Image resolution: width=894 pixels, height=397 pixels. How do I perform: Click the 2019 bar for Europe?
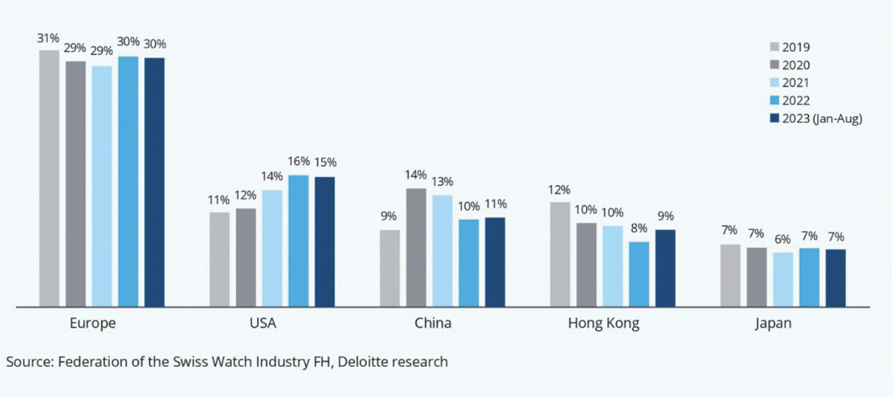click(49, 178)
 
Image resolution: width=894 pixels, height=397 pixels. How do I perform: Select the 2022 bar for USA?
click(299, 240)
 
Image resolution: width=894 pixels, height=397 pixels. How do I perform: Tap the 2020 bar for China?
click(416, 247)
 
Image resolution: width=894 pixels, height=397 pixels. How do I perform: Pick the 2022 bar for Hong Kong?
click(639, 274)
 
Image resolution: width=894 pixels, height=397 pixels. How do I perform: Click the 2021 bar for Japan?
click(782, 279)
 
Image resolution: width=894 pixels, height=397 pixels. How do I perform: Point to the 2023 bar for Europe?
click(154, 182)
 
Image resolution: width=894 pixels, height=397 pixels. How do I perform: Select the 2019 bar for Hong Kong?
click(560, 254)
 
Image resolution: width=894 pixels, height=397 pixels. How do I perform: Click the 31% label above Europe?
click(48, 38)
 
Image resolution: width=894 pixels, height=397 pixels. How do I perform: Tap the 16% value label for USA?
click(299, 161)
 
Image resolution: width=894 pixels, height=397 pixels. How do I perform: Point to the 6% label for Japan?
click(782, 239)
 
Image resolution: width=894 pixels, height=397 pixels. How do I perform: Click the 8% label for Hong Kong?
click(639, 228)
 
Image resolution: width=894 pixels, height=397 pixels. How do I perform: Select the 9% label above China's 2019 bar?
click(389, 216)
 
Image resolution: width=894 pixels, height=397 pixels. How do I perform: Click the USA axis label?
click(263, 324)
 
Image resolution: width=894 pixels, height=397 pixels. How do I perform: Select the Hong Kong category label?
click(603, 324)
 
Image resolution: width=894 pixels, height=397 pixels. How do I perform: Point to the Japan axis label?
click(773, 324)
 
